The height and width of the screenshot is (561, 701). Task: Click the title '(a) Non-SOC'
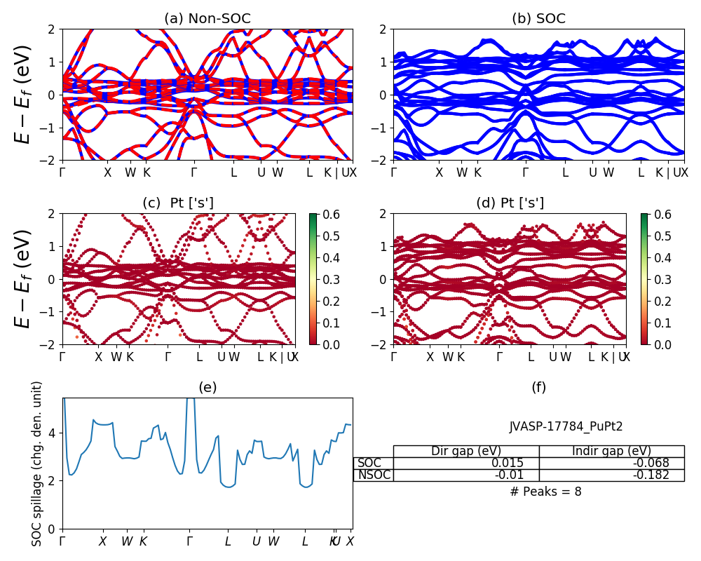point(207,19)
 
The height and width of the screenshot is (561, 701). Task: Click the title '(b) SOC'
point(538,19)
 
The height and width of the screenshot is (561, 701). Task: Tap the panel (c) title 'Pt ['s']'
point(178,203)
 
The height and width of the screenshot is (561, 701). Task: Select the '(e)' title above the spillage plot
point(207,387)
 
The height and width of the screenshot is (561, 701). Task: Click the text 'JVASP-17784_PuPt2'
point(566,426)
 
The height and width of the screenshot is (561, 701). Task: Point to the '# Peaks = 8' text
point(545,492)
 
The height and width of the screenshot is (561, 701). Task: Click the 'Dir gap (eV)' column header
point(465,451)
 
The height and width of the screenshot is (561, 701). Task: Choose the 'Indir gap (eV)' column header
point(611,451)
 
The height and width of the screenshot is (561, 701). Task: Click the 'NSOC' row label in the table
point(374,475)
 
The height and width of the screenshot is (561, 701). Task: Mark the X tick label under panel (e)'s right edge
point(350,541)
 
